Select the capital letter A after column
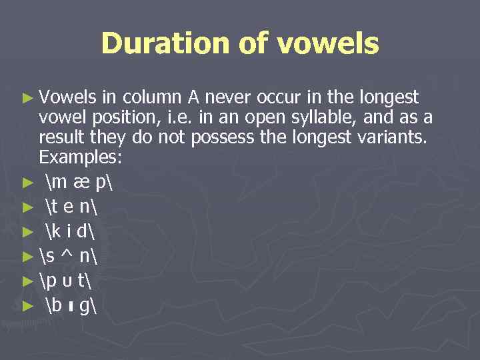pyautogui.click(x=193, y=98)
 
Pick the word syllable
pyautogui.click(x=333, y=118)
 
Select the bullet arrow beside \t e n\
pyautogui.click(x=27, y=207)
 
